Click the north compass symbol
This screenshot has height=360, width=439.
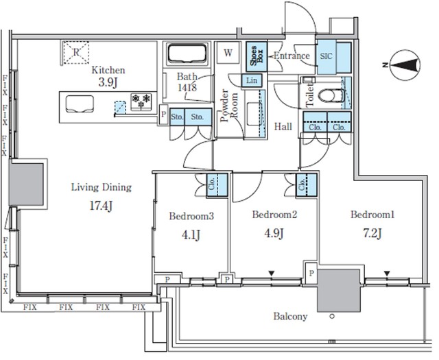[405, 65]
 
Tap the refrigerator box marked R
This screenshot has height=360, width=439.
[76, 53]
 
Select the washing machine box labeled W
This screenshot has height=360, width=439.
[228, 53]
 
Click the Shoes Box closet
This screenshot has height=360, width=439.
[257, 56]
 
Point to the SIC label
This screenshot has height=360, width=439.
[327, 56]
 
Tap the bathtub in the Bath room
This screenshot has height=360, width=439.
[187, 53]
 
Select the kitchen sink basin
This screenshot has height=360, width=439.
[80, 104]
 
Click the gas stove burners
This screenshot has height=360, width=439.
[141, 101]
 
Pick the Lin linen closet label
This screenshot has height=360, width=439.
[252, 81]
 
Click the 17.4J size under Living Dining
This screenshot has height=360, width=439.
[101, 206]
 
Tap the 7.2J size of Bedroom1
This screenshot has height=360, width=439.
[372, 233]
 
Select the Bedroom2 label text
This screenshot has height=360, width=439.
[274, 215]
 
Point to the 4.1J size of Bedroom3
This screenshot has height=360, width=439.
[191, 235]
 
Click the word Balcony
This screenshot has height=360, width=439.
[290, 317]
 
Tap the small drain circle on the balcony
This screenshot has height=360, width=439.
[332, 317]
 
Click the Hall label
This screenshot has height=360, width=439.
[283, 127]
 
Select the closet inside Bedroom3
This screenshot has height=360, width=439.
[217, 185]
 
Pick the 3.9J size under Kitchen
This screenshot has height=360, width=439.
[108, 82]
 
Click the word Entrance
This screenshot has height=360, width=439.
[292, 56]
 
